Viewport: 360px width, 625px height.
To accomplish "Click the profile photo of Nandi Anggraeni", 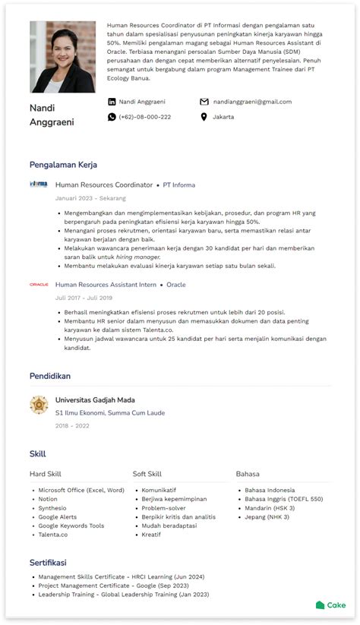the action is click(62, 56).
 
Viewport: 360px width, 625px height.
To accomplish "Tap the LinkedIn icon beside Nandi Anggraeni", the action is click(112, 102).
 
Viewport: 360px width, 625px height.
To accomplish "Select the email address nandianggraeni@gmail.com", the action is click(252, 102).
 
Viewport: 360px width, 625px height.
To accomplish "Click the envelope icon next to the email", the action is click(204, 102).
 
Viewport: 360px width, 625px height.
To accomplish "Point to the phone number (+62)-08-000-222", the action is click(144, 117).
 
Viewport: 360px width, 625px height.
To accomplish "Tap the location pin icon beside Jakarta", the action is click(204, 117).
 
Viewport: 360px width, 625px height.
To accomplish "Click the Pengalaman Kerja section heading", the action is click(63, 165).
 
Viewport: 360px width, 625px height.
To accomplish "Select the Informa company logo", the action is click(39, 185).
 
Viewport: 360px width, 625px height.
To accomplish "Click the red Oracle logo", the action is click(39, 285).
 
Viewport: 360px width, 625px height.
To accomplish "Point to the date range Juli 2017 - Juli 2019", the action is click(84, 298).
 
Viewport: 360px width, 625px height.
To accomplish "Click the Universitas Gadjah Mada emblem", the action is click(39, 405).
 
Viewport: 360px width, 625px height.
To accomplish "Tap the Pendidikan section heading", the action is click(50, 376).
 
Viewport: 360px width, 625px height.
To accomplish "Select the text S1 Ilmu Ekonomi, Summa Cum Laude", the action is click(110, 413).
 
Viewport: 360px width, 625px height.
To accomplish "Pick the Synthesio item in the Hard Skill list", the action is click(52, 508).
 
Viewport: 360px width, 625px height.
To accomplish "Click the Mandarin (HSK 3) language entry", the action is click(270, 508).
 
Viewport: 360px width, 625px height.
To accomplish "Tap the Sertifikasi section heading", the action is click(48, 563).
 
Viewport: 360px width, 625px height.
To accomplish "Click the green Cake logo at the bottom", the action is click(331, 605).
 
